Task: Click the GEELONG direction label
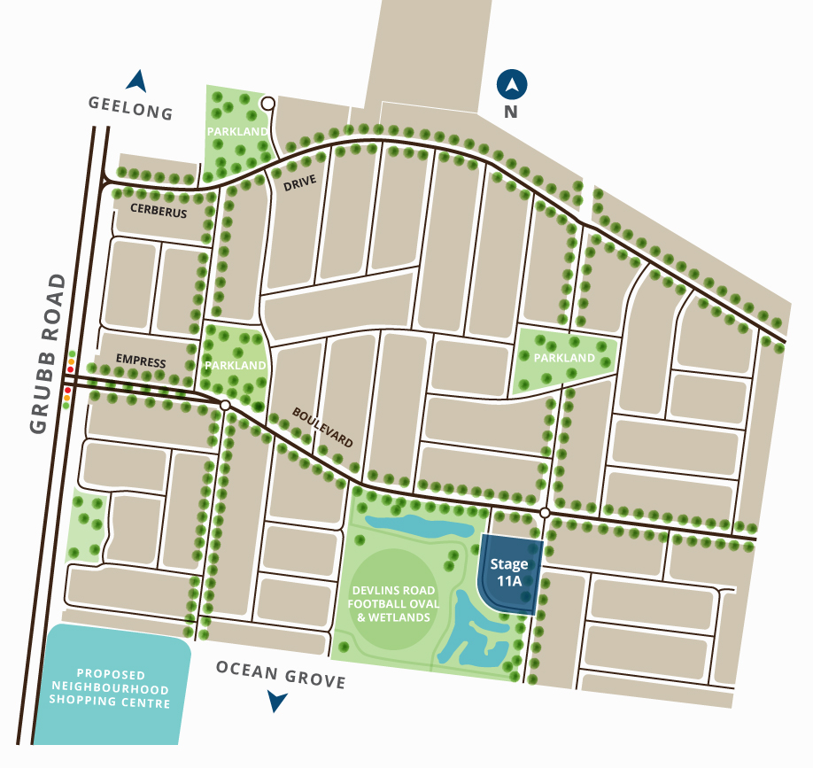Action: tap(130, 108)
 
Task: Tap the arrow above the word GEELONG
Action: tap(136, 81)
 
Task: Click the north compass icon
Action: tap(512, 86)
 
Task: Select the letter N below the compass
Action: tap(510, 112)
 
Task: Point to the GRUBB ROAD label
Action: tap(48, 353)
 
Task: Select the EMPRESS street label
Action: tap(141, 361)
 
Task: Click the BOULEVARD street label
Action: tap(324, 428)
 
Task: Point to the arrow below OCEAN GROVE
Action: tap(278, 702)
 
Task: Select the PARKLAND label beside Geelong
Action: tap(237, 131)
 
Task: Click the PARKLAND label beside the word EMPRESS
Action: tap(236, 365)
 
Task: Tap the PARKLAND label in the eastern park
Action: tap(565, 358)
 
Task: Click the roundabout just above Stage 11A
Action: tap(545, 514)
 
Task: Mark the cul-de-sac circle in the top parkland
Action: tap(267, 105)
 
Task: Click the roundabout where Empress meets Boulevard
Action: tap(225, 405)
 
